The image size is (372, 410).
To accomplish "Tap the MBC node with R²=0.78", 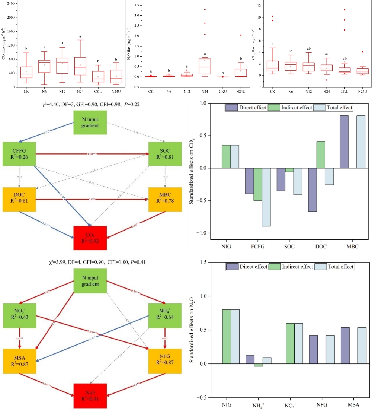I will pyautogui.click(x=164, y=198).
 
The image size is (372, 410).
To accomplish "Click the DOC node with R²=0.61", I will pyautogui.click(x=19, y=198).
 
